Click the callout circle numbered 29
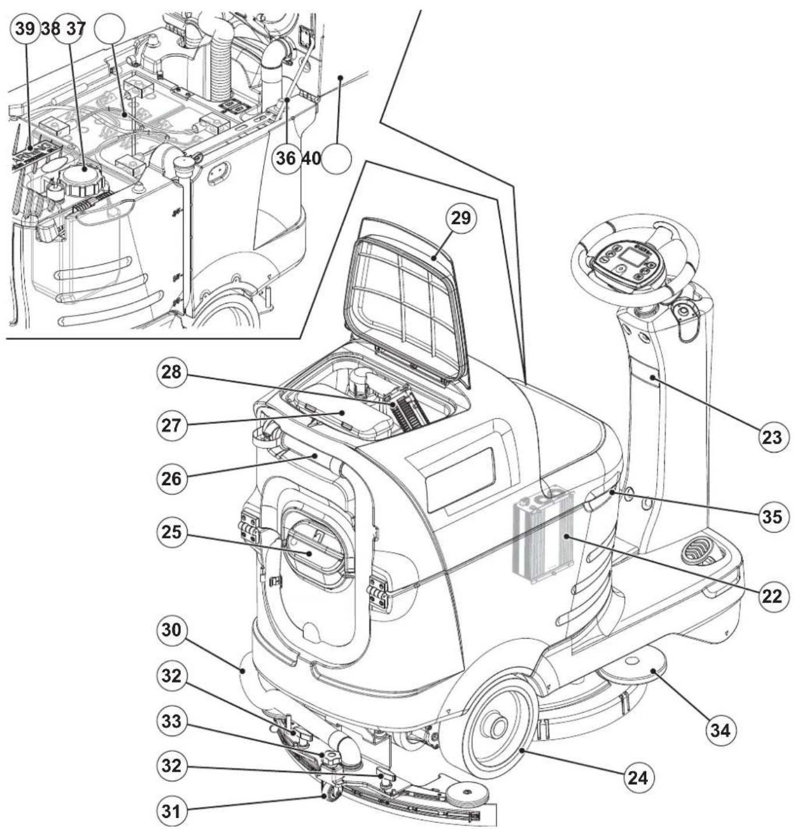click(x=461, y=218)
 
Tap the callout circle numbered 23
click(x=772, y=437)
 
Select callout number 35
click(x=772, y=517)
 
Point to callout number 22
click(x=772, y=596)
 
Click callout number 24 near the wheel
click(x=639, y=778)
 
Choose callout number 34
click(x=721, y=730)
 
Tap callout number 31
click(x=172, y=811)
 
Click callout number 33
click(x=172, y=722)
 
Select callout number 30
click(x=172, y=630)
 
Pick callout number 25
click(x=172, y=532)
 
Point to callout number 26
click(x=172, y=479)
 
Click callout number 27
click(x=172, y=426)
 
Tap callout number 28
click(x=172, y=372)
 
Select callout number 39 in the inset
click(x=25, y=29)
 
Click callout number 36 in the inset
click(x=287, y=158)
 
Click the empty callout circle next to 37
click(x=109, y=29)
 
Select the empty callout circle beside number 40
click(x=336, y=158)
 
